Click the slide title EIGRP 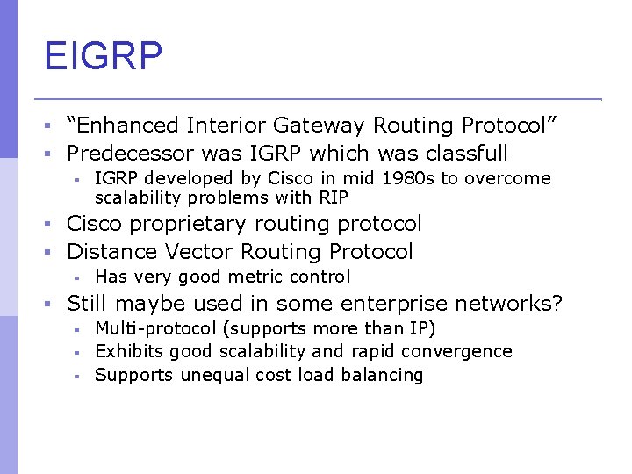pyautogui.click(x=104, y=55)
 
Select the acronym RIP pyautogui.click(x=334, y=197)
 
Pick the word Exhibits pyautogui.click(x=129, y=351)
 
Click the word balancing pyautogui.click(x=385, y=375)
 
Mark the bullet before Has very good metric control pyautogui.click(x=77, y=278)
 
